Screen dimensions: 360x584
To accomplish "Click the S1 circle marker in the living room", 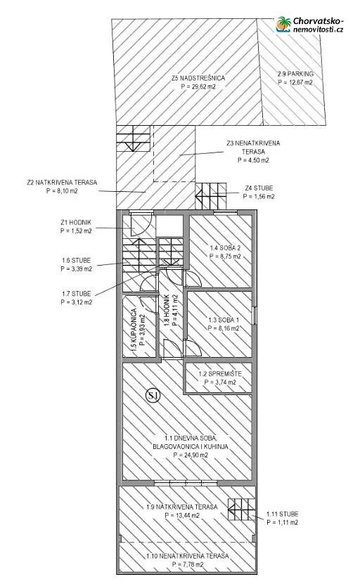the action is (153, 396).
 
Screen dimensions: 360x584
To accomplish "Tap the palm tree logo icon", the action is (283, 25).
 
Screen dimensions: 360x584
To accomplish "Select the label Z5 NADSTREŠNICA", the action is (198, 78).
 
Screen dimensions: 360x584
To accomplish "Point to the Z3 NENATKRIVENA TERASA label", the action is (253, 148).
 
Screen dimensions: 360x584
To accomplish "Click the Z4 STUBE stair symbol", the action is (211, 195).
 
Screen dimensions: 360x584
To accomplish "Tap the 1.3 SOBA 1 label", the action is (224, 320).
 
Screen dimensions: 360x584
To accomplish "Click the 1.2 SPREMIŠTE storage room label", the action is (220, 374).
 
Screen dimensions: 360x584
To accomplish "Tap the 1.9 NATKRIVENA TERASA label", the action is (182, 507).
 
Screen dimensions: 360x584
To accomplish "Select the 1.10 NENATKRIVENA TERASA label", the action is (187, 556).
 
